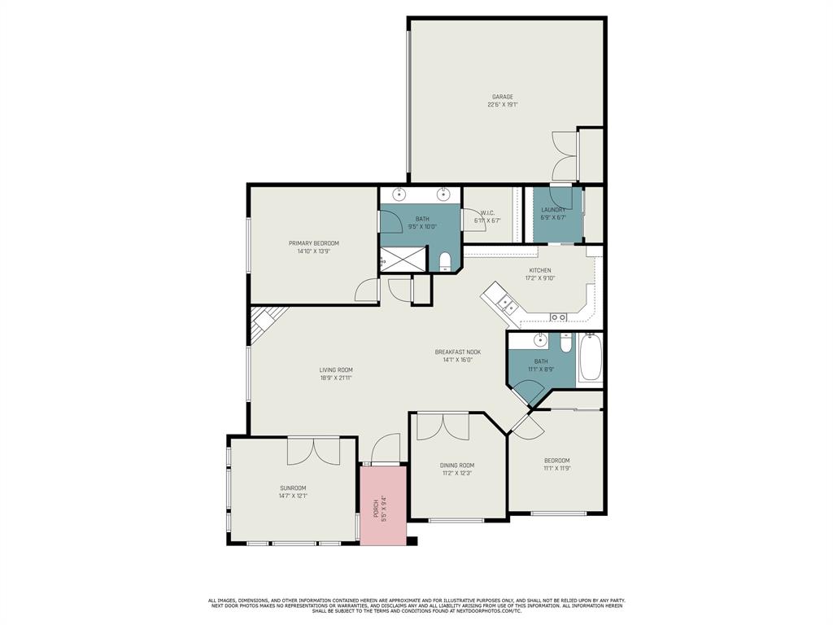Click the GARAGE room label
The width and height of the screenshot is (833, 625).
coord(502,97)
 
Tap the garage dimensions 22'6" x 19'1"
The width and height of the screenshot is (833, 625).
coord(502,105)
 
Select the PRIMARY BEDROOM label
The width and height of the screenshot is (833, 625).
coord(313,243)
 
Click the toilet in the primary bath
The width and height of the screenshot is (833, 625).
coord(444,262)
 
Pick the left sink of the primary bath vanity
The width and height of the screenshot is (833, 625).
coord(399,194)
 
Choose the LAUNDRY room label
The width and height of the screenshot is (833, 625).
coord(553,210)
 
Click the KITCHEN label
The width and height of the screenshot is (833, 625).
coord(540,270)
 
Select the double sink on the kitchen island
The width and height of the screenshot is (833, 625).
coord(507,304)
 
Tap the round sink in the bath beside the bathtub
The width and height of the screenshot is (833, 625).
coord(539,340)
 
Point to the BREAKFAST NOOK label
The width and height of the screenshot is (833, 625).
coord(457,352)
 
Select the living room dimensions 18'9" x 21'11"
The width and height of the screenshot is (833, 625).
coord(335,378)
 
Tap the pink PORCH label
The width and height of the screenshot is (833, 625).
coord(376,509)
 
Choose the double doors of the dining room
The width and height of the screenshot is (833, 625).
coord(443,426)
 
